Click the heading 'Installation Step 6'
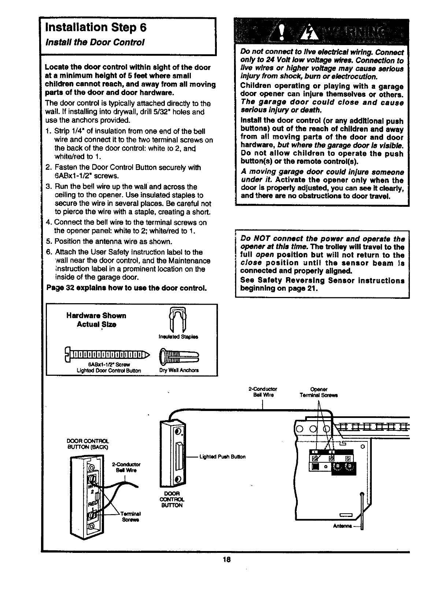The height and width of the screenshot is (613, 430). coord(96,27)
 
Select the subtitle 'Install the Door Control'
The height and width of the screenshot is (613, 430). coord(95,42)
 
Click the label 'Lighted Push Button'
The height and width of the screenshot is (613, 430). coord(222,457)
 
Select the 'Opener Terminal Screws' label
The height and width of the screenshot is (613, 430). coord(318,392)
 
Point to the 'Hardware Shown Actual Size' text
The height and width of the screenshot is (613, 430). coord(96,320)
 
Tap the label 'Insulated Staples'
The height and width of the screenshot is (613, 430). coord(179,337)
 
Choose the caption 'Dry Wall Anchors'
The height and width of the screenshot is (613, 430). coord(179,370)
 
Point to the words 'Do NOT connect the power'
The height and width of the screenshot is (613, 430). coord(282,239)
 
